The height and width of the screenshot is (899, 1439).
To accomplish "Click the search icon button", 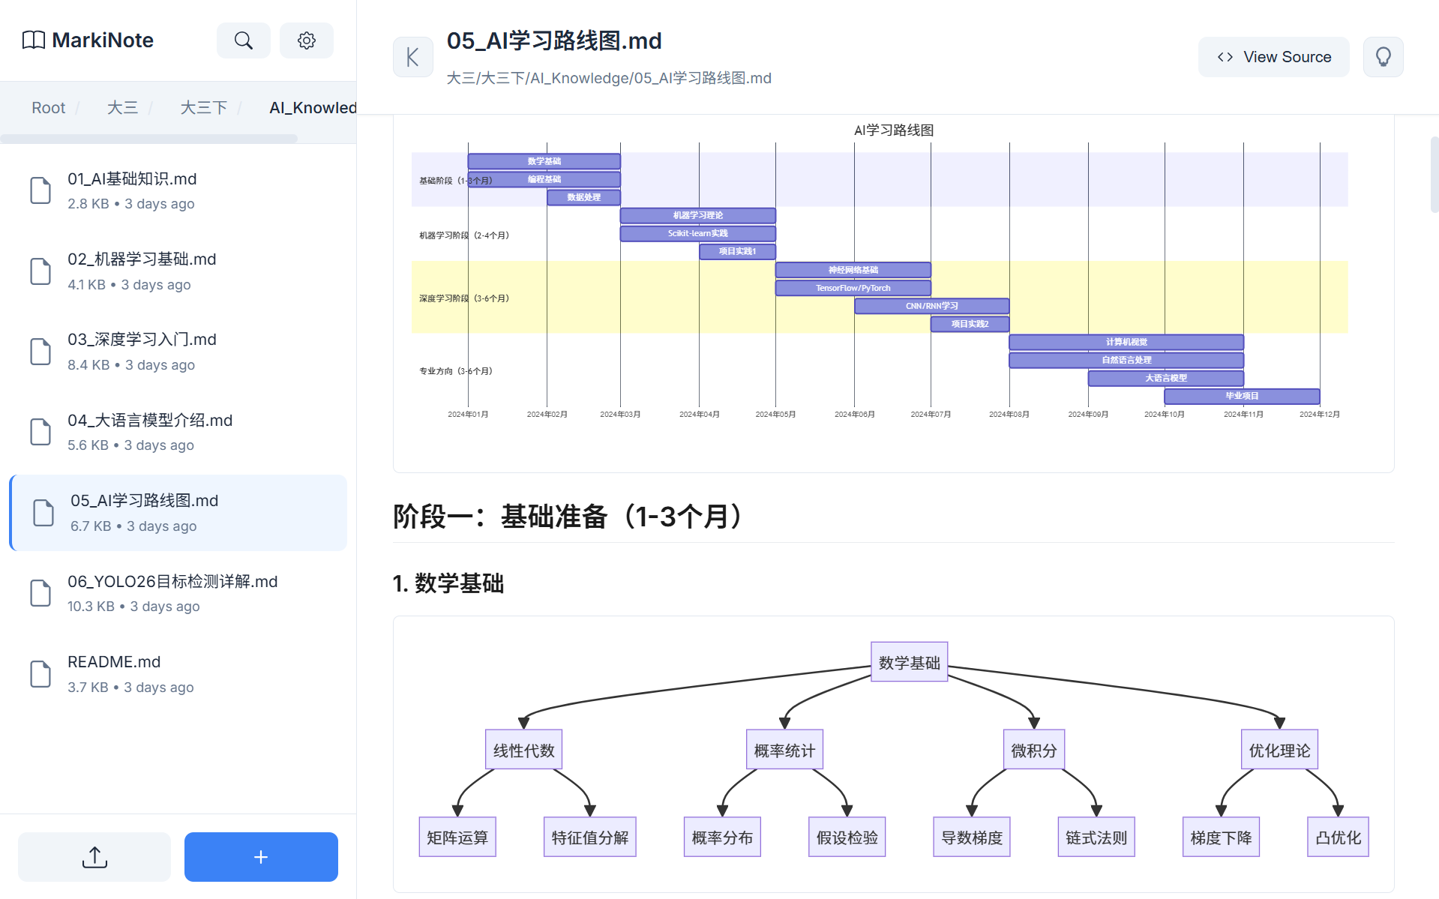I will click(243, 40).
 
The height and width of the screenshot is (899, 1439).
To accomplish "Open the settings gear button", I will click(306, 40).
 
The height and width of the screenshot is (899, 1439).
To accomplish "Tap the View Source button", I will click(1273, 57).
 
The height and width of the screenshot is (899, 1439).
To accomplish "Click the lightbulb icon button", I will click(1383, 57).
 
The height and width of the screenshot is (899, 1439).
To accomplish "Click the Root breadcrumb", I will click(48, 108).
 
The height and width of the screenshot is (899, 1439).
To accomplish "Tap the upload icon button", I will click(94, 856).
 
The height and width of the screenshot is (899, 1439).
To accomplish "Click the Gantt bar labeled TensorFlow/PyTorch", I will click(853, 288).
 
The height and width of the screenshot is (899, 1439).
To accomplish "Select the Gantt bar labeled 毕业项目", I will click(1241, 396).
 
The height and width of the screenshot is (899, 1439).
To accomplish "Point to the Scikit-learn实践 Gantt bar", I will click(697, 233).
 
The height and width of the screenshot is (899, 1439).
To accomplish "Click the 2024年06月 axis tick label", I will click(854, 415).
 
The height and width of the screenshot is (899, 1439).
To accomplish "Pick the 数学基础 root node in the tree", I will click(909, 662).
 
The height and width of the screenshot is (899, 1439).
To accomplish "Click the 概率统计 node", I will click(784, 750).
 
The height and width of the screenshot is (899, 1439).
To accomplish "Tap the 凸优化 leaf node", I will click(1338, 837).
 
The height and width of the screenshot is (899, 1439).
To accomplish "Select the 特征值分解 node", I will click(589, 837).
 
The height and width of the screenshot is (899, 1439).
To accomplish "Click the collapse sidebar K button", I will click(412, 57).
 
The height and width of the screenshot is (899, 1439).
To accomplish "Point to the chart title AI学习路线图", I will click(893, 130).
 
